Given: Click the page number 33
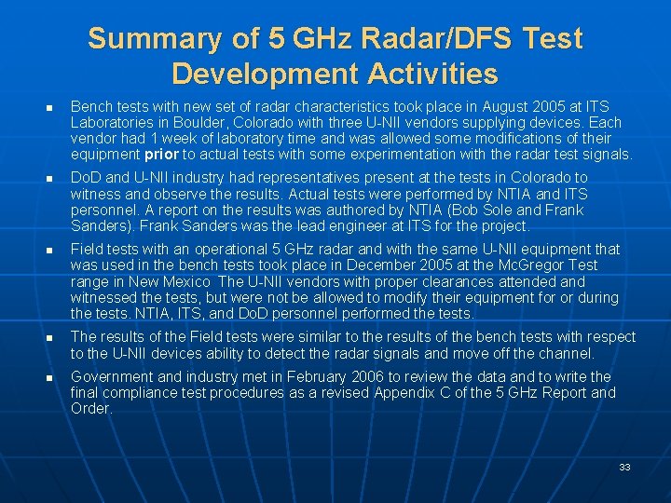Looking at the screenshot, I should pyautogui.click(x=624, y=467).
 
